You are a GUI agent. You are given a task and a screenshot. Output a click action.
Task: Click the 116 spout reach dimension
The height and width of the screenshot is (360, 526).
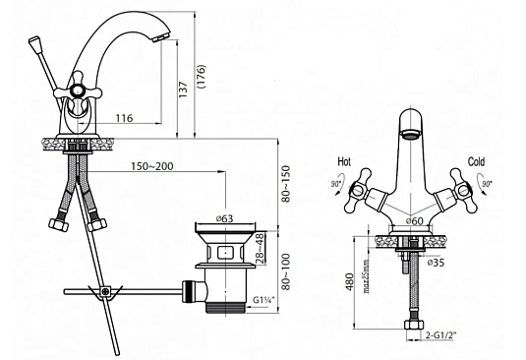[x=124, y=118]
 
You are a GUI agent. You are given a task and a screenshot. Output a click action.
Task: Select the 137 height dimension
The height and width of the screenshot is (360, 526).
[x=183, y=90]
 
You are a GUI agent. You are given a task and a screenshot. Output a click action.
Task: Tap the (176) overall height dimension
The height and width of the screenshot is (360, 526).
[x=202, y=77]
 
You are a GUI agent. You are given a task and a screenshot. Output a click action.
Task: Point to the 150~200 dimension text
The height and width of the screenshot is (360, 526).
[x=152, y=166]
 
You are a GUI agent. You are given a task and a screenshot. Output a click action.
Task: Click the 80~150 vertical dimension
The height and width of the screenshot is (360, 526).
[x=285, y=184]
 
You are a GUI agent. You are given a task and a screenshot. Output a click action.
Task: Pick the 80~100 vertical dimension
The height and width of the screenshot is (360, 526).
[x=285, y=271]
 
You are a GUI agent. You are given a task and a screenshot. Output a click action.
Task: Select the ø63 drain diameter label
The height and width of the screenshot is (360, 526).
[x=225, y=218]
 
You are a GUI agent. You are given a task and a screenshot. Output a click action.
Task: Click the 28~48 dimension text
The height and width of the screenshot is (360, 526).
[x=260, y=248]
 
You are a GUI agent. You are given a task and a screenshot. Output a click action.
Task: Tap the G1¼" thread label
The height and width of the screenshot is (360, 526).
[x=263, y=300]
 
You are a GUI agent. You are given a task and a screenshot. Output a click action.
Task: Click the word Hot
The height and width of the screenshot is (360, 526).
[x=344, y=161]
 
